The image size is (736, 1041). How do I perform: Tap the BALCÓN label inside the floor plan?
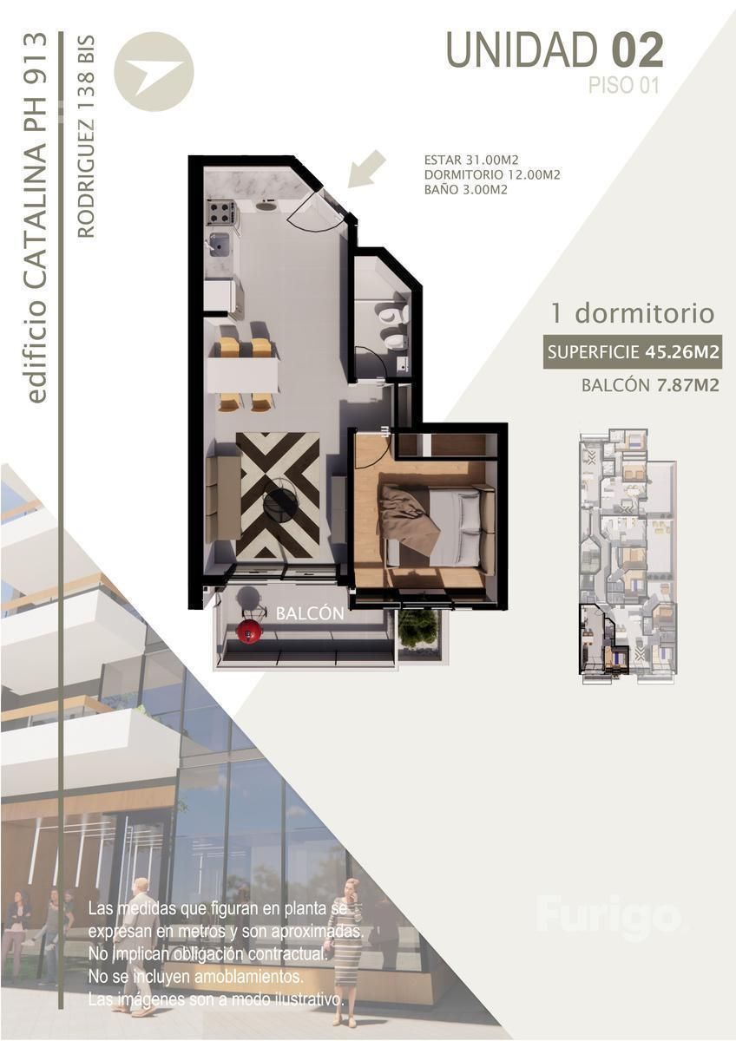pos(310,613)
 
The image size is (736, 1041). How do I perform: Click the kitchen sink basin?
pos(220,245)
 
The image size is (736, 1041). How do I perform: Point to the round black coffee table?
pos(280,502)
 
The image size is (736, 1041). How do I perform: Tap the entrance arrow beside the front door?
pos(367,170)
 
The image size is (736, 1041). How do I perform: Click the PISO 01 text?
pos(624,86)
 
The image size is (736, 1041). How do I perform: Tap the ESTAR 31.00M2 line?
pos(471,160)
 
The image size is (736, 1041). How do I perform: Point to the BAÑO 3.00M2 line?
pos(465,190)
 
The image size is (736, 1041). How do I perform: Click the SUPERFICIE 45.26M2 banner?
pos(633,352)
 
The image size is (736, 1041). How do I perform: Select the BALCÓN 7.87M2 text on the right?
pos(650,385)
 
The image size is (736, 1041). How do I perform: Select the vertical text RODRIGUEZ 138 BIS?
pos(86,137)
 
